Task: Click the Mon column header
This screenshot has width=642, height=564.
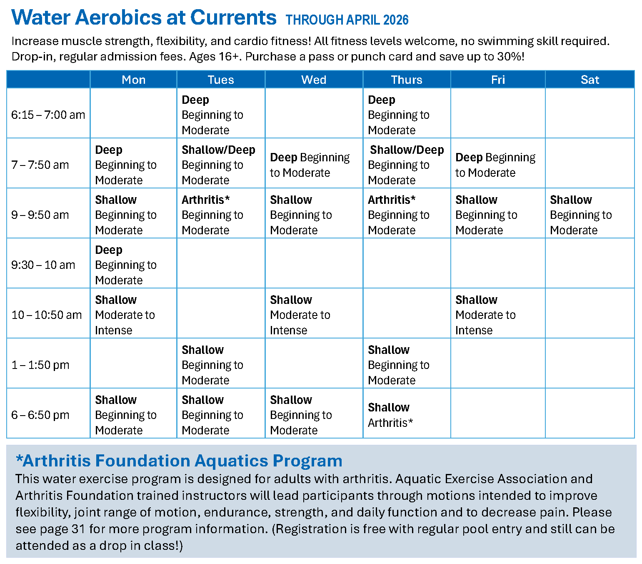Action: [x=133, y=80]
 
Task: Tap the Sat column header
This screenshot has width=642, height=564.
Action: [x=590, y=80]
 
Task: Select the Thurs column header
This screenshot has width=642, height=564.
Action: [x=407, y=80]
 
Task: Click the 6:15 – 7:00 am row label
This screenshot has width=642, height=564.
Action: [x=48, y=115]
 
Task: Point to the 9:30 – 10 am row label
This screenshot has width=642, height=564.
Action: [x=43, y=265]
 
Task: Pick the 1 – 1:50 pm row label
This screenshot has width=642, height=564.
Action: [x=40, y=365]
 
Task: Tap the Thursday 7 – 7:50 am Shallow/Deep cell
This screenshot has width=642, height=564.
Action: [x=406, y=165]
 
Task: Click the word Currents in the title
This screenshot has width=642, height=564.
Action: [x=233, y=18]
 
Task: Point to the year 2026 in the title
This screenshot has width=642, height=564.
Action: [x=396, y=20]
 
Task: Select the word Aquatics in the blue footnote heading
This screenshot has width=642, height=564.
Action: [x=232, y=461]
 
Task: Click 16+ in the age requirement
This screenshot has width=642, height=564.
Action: [x=230, y=56]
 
